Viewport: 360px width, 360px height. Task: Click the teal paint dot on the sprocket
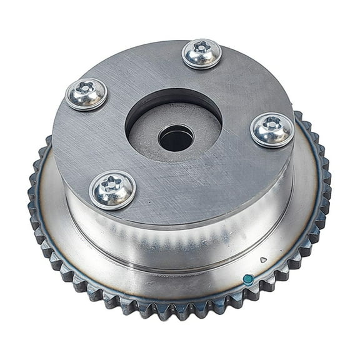248,279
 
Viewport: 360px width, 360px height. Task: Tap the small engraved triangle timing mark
263,259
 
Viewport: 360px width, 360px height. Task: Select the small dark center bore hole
176,137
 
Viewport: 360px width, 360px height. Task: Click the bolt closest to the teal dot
272,130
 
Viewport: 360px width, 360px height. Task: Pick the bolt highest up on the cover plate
201,54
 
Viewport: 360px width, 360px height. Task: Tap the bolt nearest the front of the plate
112,189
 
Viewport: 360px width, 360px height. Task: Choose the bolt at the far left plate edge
86,94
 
